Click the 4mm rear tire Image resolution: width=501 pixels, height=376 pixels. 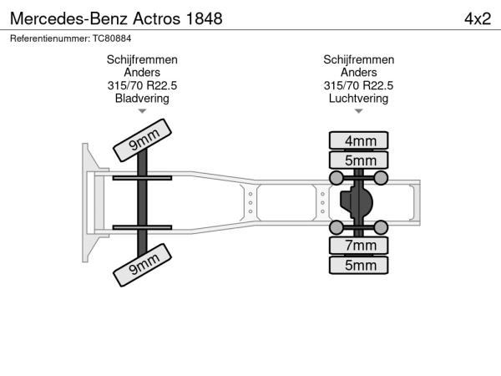coord(358,140)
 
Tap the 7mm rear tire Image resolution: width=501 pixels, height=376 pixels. coord(358,245)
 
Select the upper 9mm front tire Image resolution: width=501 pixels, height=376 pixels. coord(142,140)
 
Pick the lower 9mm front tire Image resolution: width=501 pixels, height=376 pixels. coord(142,265)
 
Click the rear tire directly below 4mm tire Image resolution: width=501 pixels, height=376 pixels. coord(358,160)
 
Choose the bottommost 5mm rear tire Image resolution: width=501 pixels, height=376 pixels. coord(358,265)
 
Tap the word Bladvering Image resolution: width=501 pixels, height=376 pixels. coord(142,98)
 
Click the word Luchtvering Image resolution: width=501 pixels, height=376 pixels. coord(358,98)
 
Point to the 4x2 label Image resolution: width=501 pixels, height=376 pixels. coord(478,18)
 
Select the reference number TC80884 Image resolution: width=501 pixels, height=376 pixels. coord(112,38)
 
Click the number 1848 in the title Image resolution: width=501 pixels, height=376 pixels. coord(204,18)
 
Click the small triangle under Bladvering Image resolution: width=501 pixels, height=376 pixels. coord(142,111)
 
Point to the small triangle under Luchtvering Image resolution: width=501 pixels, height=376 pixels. coord(358,111)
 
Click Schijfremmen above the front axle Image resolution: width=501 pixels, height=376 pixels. coord(142,60)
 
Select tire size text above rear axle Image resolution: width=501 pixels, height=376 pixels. coord(358,85)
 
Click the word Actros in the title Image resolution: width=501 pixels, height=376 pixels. coord(157,18)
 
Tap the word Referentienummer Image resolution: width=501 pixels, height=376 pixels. coord(50,38)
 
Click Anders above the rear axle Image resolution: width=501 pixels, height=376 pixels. coord(358,72)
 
